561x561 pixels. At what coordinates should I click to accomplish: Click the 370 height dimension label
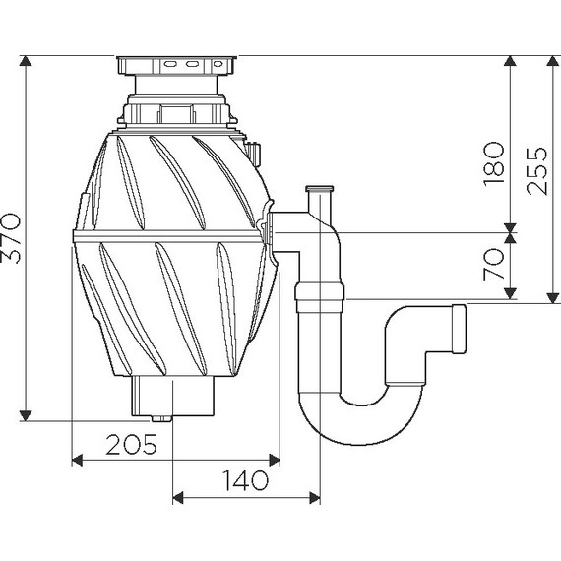11,238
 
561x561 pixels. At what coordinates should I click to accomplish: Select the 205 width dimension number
131,444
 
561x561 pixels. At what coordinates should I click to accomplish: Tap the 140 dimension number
245,480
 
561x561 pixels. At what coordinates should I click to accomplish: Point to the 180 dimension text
494,163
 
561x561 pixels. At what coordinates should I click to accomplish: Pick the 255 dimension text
537,171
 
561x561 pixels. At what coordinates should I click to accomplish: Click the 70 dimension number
494,264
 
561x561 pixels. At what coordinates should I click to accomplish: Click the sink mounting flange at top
176,65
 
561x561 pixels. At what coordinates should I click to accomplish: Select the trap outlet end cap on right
460,329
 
